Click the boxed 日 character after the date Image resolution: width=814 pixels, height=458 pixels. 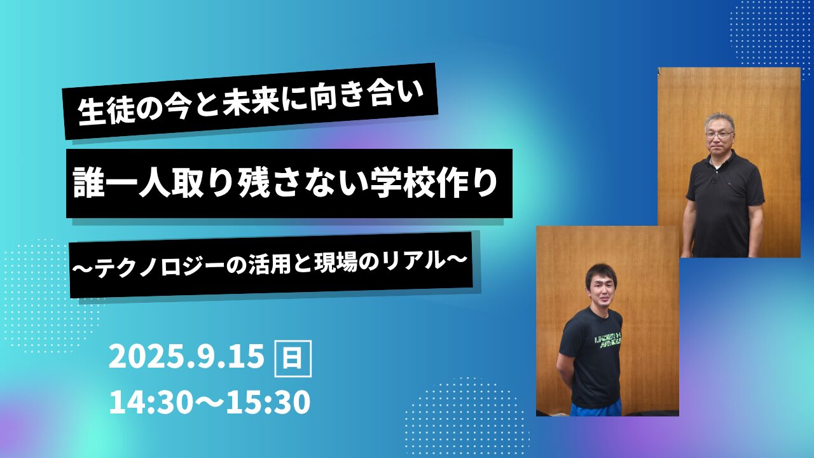pos(293,358)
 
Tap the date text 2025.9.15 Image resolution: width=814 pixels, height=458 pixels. pos(186,358)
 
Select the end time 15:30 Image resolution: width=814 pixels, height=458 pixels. pos(268,403)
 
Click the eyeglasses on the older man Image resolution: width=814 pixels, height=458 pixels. pos(719,134)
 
